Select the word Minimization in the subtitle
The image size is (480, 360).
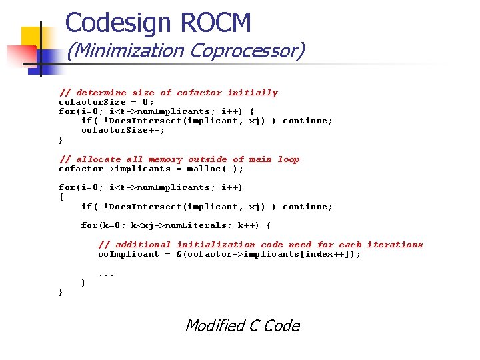125,51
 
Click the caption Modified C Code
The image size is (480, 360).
242,325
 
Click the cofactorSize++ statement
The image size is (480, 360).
123,130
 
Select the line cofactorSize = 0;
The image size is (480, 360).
106,102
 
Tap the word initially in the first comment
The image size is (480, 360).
252,93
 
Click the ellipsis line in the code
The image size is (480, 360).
106,273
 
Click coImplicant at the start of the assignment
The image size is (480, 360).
129,254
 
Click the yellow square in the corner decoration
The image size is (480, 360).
35,39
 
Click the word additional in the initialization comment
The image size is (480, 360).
134,245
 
